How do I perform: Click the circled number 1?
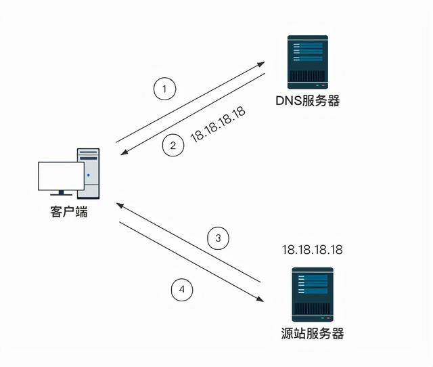(x=164, y=88)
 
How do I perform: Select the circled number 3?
(x=218, y=238)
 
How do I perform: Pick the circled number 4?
(x=181, y=290)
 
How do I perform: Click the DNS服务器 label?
(x=307, y=102)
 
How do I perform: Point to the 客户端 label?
(x=68, y=212)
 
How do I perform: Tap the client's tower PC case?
(x=89, y=172)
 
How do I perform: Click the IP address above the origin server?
(x=312, y=250)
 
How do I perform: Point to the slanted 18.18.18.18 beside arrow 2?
(x=218, y=123)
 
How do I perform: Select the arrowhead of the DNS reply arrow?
(x=122, y=154)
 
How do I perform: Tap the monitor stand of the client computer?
(x=60, y=194)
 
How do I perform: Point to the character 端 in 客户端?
(x=81, y=212)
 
